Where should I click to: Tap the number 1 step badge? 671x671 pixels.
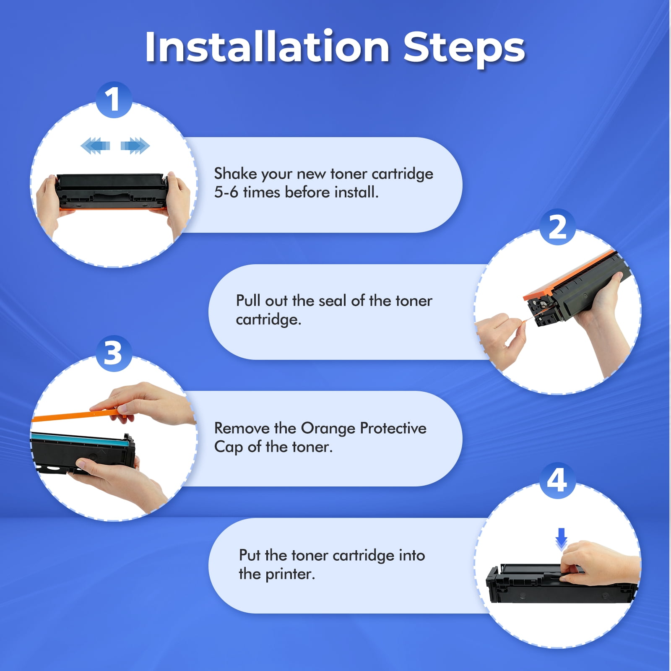pyautogui.click(x=114, y=100)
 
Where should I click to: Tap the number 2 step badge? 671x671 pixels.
pyautogui.click(x=557, y=227)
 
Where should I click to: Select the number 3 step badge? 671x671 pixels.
pyautogui.click(x=114, y=353)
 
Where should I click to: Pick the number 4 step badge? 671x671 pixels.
pyautogui.click(x=557, y=481)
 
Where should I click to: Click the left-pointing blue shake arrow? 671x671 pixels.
pyautogui.click(x=95, y=146)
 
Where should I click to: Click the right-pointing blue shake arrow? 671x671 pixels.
pyautogui.click(x=135, y=146)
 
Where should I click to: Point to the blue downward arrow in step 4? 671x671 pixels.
pyautogui.click(x=561, y=538)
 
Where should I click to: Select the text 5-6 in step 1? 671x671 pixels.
pyautogui.click(x=226, y=192)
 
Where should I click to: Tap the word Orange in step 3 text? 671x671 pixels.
pyautogui.click(x=328, y=429)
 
